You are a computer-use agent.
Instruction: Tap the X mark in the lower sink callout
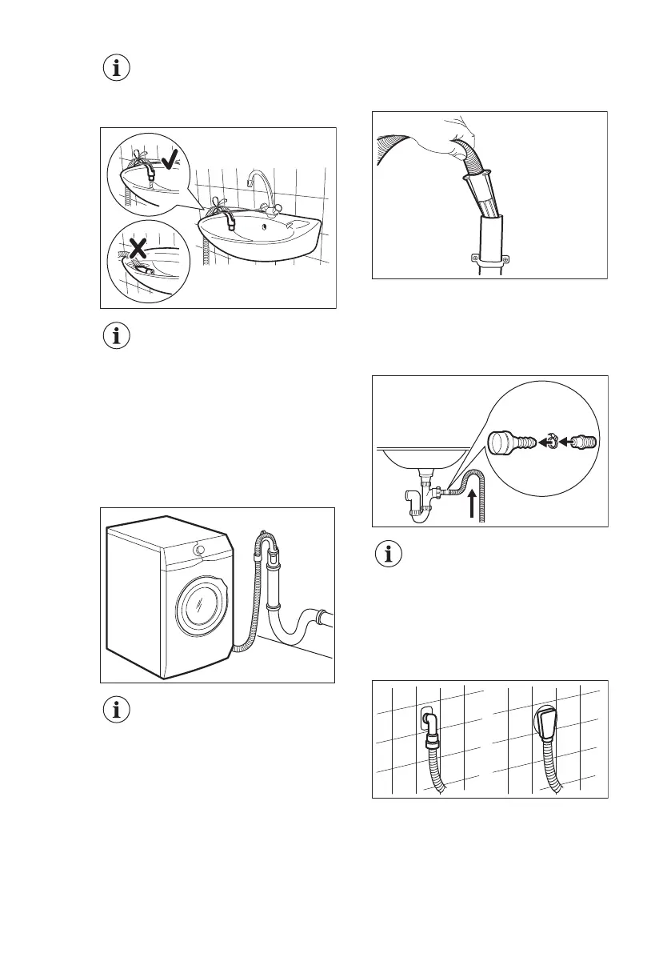[x=138, y=248]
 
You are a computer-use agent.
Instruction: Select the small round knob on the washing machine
[x=198, y=550]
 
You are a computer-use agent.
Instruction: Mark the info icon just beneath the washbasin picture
[x=118, y=336]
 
